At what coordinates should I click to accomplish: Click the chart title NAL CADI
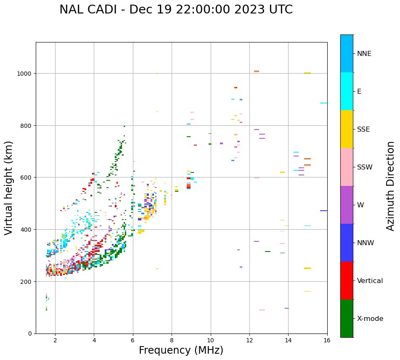tap(176, 10)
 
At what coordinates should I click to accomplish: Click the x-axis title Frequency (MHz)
tap(181, 350)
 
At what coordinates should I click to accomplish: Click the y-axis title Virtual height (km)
tap(9, 188)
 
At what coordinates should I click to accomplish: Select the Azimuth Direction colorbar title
tap(391, 186)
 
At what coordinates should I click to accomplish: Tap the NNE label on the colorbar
tap(364, 53)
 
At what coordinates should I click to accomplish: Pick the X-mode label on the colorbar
tap(370, 319)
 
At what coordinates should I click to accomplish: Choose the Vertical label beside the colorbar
tap(370, 281)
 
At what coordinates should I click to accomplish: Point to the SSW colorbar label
tap(365, 167)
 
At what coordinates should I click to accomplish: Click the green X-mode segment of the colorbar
tap(347, 318)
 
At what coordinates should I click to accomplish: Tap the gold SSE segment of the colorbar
tap(347, 129)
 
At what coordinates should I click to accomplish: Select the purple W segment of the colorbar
tap(347, 205)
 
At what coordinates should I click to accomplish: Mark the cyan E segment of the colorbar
tap(347, 91)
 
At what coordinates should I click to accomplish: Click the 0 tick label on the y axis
tap(30, 334)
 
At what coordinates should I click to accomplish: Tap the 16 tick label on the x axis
tap(327, 340)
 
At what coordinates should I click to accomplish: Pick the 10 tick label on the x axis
tap(210, 340)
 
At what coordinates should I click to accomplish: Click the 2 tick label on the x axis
tap(55, 340)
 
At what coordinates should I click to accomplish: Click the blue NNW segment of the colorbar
tap(347, 243)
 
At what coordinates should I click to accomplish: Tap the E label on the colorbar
tap(359, 92)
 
